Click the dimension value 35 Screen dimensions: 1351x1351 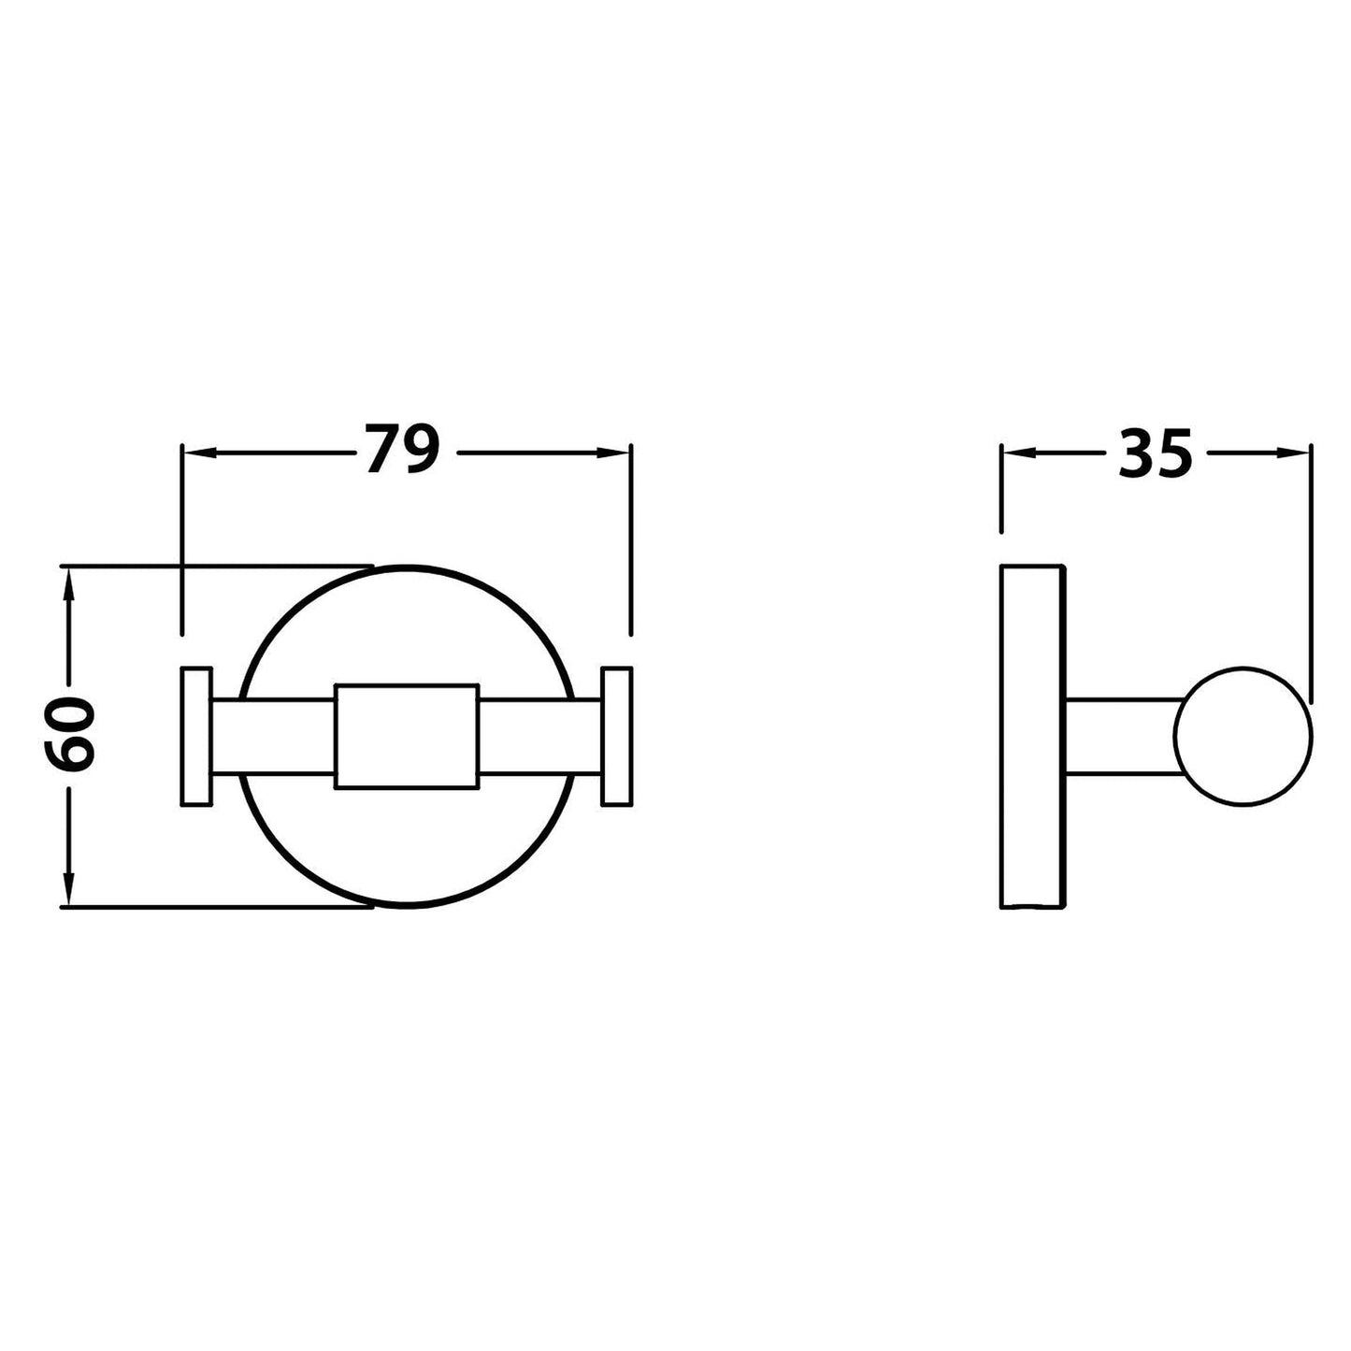(1156, 453)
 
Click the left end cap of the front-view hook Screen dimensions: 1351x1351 (196, 736)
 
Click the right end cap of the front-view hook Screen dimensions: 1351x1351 (617, 736)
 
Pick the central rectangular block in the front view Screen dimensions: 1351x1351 (407, 736)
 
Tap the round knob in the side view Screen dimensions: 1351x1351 (1244, 737)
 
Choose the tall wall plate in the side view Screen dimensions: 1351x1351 (1032, 736)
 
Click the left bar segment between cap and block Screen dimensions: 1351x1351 (273, 736)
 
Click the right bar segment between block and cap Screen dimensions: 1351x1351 (539, 736)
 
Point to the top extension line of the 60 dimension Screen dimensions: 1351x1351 (215, 566)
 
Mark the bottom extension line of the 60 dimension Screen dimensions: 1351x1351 (215, 906)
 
